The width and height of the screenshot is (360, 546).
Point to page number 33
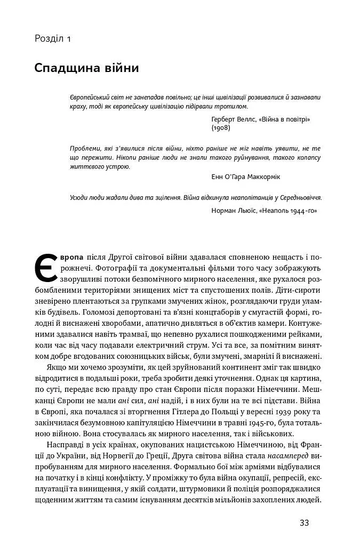point(304,523)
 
